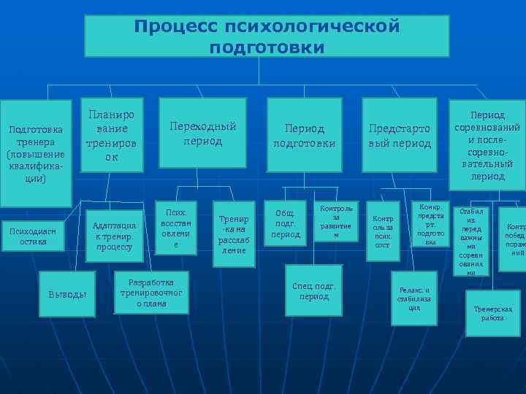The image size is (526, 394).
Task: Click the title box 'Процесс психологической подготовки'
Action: pos(266,36)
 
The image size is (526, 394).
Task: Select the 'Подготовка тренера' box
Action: pos(36,153)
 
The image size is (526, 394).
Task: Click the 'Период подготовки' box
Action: pos(304,135)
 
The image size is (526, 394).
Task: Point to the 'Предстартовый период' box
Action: pos(400,135)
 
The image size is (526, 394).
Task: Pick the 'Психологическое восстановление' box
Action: pos(175,228)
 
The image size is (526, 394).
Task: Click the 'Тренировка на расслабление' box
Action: pos(233,233)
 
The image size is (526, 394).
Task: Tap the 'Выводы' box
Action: pos(67,294)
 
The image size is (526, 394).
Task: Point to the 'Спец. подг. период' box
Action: pos(315,291)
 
